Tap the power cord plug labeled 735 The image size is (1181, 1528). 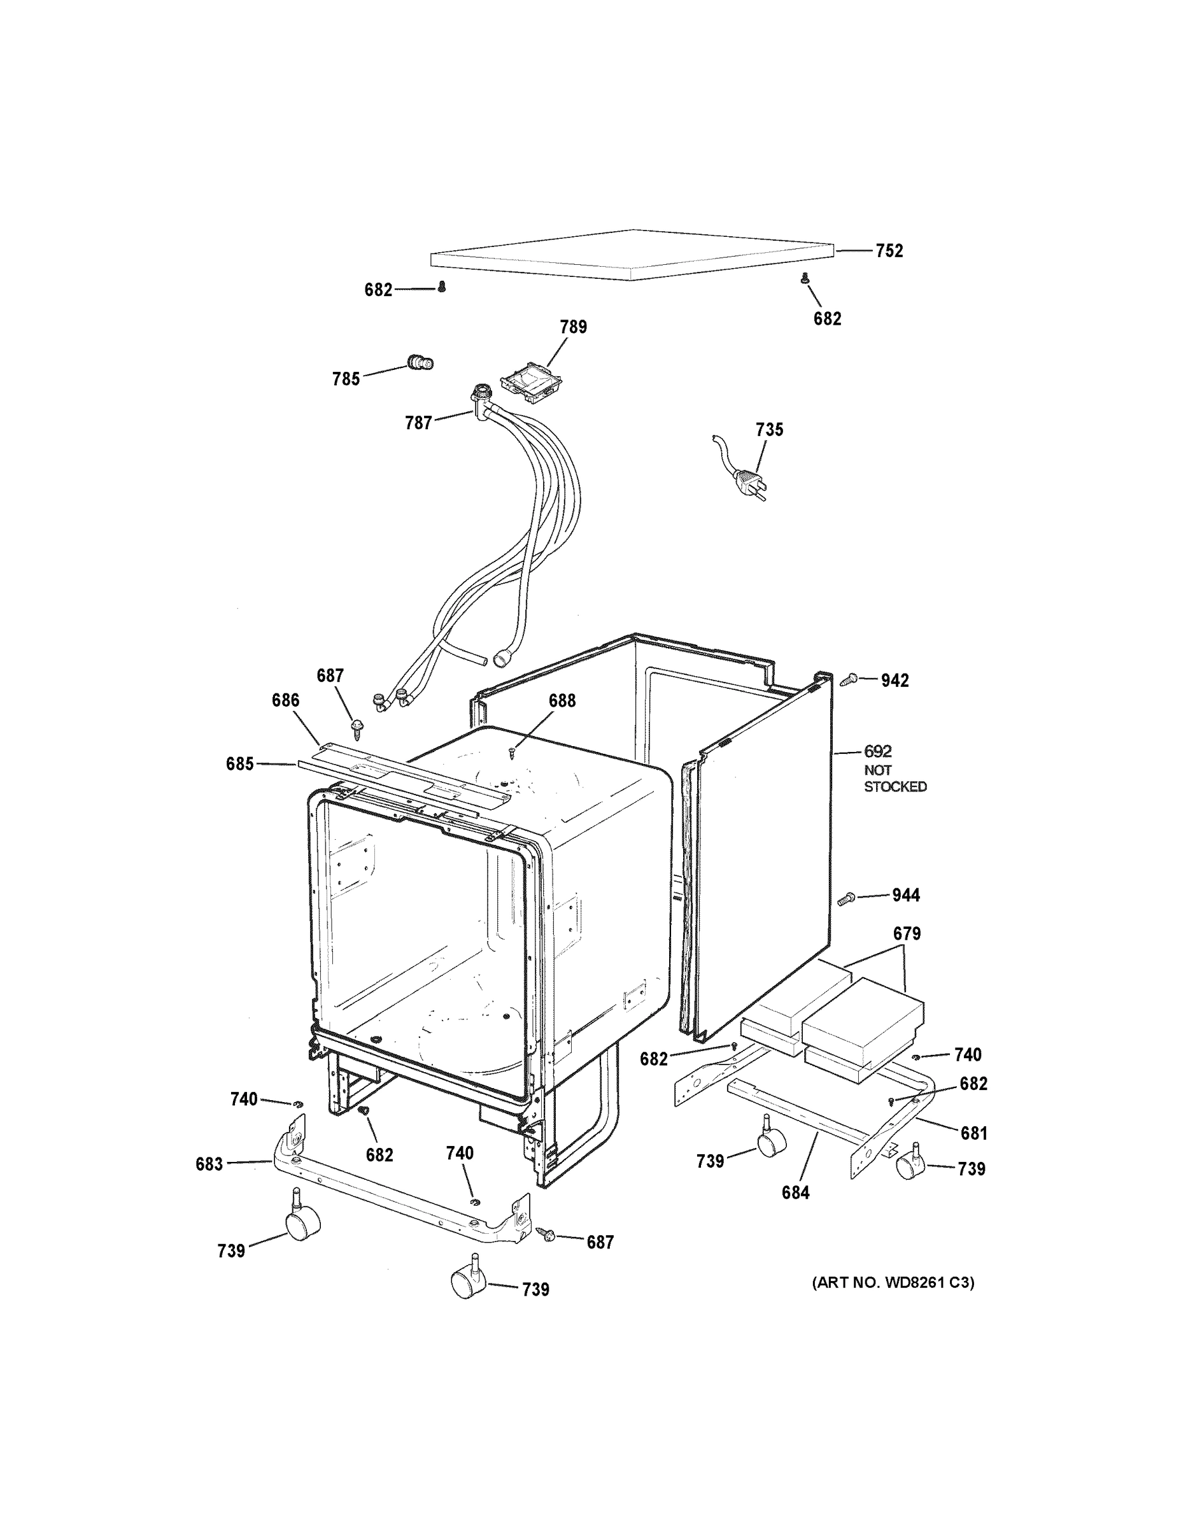point(749,482)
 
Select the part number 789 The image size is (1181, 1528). point(573,327)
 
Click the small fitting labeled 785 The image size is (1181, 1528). point(420,362)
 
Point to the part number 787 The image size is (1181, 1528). point(418,423)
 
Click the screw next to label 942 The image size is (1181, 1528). point(850,678)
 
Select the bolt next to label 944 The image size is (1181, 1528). point(846,898)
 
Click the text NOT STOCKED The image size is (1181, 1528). point(895,778)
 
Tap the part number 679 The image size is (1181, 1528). point(906,933)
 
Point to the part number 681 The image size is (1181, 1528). point(973,1133)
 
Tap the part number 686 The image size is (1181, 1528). point(285,700)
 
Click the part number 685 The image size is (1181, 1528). point(239,764)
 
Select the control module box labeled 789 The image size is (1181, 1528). point(532,387)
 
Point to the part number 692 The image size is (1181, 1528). point(877,751)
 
